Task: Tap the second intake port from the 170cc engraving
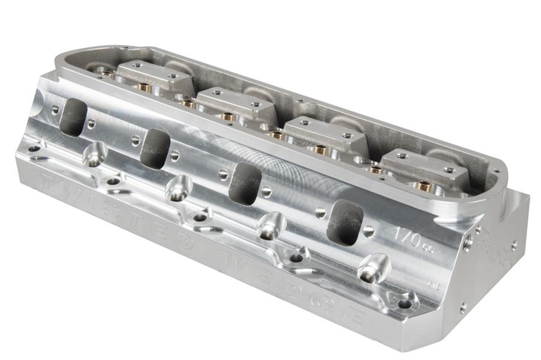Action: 245,183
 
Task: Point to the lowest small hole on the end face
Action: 462,308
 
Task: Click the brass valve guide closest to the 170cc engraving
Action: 424,187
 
